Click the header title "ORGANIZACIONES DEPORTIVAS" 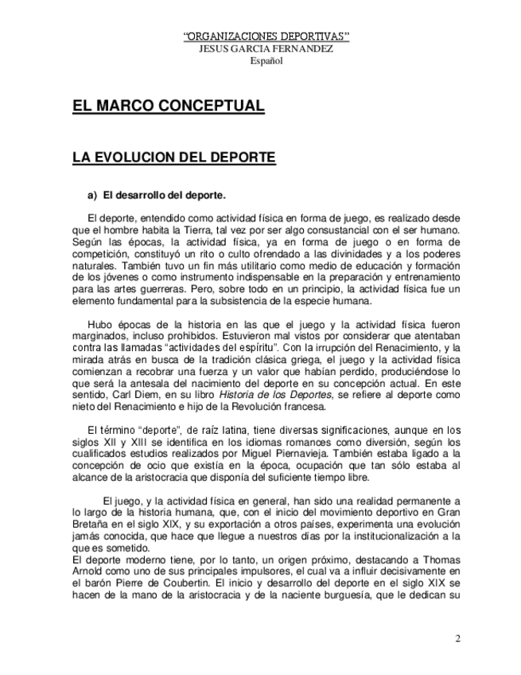pyautogui.click(x=266, y=37)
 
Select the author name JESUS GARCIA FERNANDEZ pyautogui.click(x=266, y=49)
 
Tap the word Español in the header pyautogui.click(x=266, y=60)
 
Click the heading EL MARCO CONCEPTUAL pyautogui.click(x=169, y=107)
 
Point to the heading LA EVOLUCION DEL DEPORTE pyautogui.click(x=174, y=158)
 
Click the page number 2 pyautogui.click(x=458, y=638)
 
